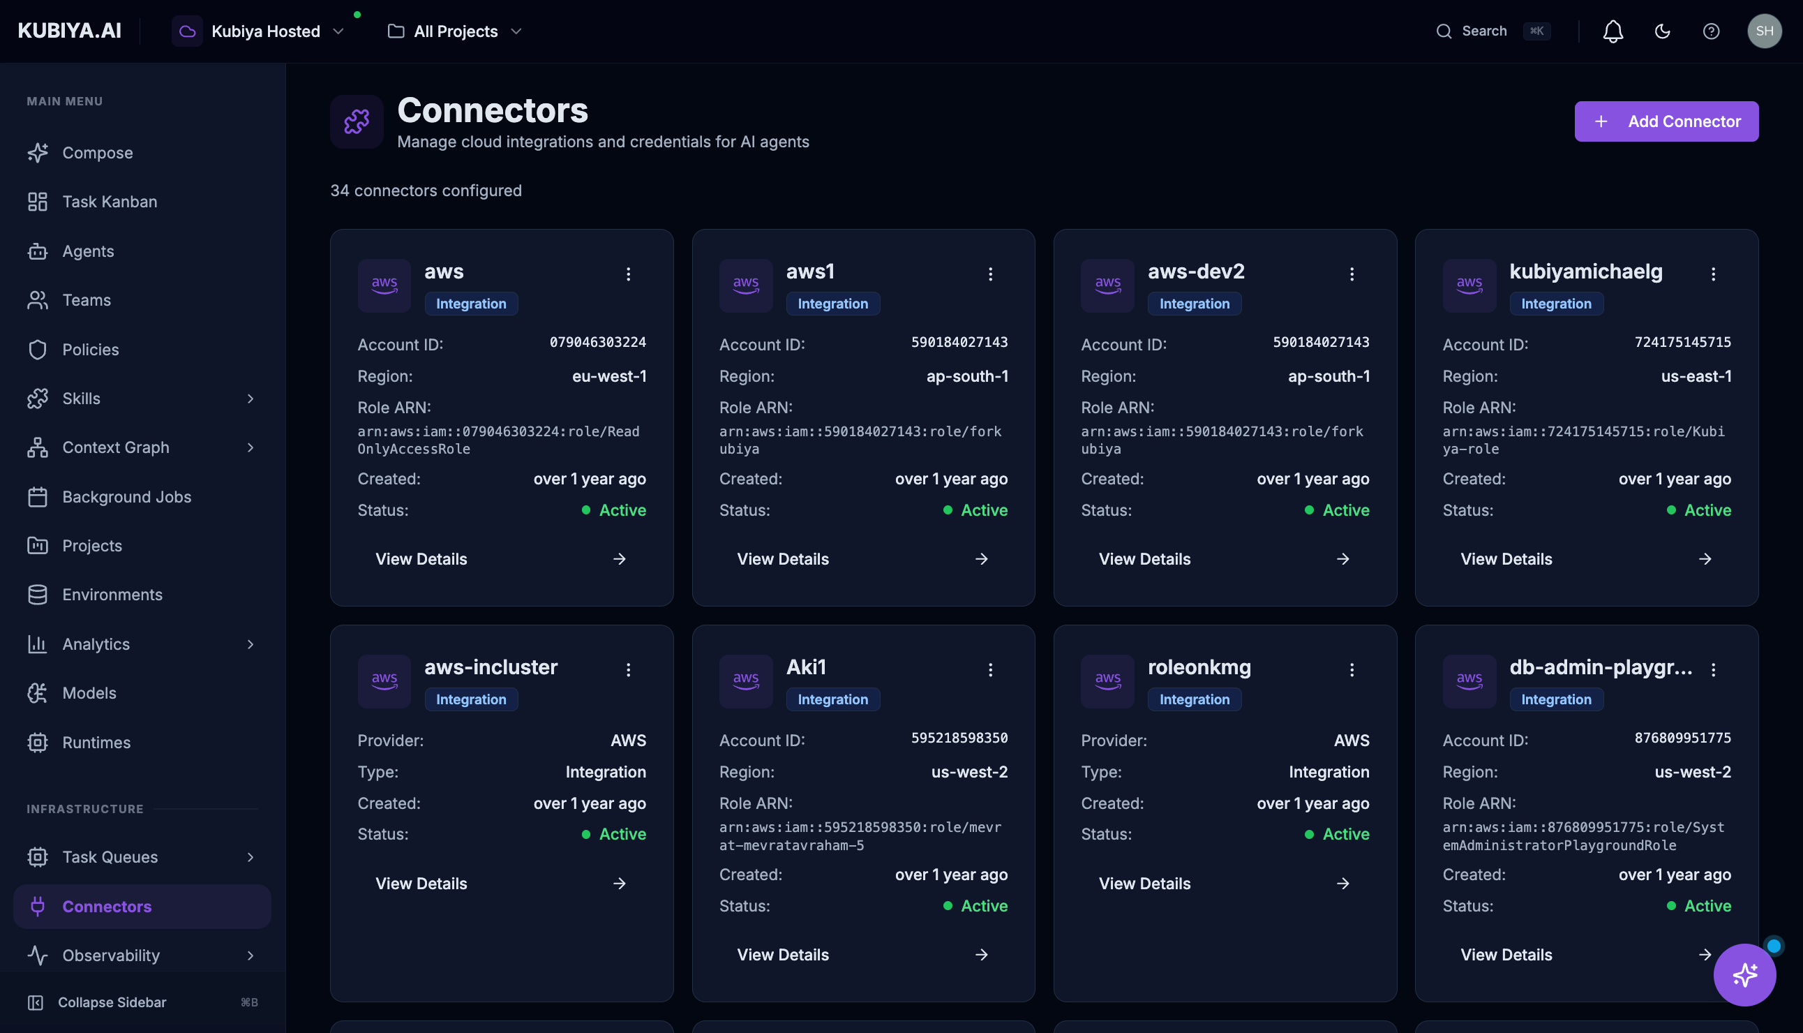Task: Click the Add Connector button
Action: (x=1666, y=121)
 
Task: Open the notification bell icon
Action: (x=1613, y=31)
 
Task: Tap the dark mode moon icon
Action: (x=1662, y=31)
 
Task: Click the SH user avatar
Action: (x=1764, y=31)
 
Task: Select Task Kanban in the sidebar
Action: (x=110, y=202)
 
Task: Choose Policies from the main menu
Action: (x=90, y=350)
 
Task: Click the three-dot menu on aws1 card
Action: (x=990, y=274)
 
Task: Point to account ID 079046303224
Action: (x=597, y=343)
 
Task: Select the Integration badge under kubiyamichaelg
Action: (x=1555, y=304)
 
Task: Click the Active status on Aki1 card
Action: (x=983, y=906)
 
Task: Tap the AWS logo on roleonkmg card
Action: (x=1107, y=681)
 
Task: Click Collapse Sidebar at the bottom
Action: (x=112, y=1002)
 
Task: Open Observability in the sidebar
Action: (x=111, y=956)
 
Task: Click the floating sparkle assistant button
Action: (x=1744, y=974)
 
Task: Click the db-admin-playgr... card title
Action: (x=1600, y=667)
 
